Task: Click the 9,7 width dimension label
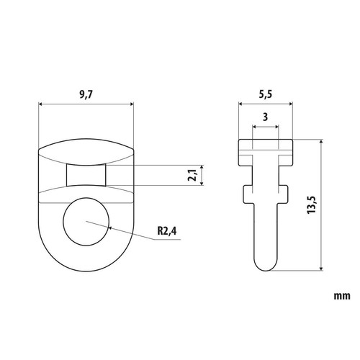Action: coord(86,95)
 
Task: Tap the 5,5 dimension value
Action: coord(266,94)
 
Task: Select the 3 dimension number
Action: coord(265,117)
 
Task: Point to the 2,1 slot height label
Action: coord(192,175)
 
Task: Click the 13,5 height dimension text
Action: coord(312,204)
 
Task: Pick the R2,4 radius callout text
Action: coord(167,231)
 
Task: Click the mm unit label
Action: coord(342,296)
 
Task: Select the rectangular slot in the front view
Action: coord(86,175)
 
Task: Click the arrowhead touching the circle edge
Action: coord(110,228)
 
